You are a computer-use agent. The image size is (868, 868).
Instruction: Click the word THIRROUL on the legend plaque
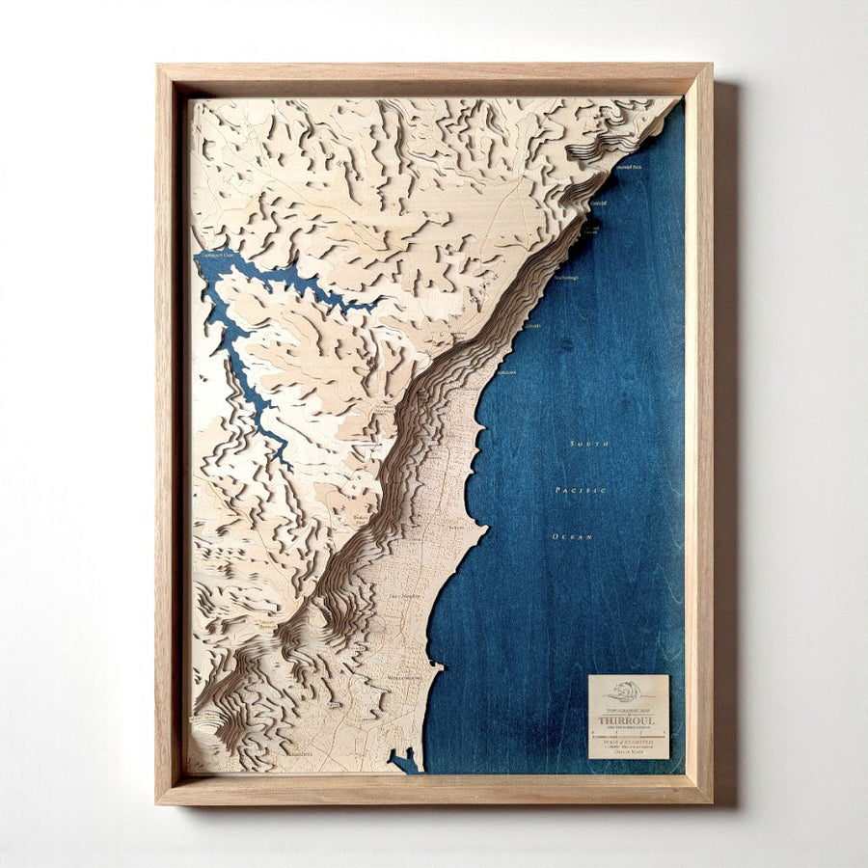coord(628,719)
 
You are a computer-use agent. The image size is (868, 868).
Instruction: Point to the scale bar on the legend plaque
coord(628,732)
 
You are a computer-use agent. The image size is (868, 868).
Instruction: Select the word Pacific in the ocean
coord(581,490)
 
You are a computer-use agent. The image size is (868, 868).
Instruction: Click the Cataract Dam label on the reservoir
coord(216,254)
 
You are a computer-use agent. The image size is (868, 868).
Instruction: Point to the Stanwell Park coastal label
coord(628,167)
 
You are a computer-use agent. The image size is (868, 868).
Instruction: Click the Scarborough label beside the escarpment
coord(567,277)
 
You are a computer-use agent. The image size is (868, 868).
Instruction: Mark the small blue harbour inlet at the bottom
coord(405,763)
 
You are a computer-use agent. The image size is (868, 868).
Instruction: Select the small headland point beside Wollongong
coord(439,665)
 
